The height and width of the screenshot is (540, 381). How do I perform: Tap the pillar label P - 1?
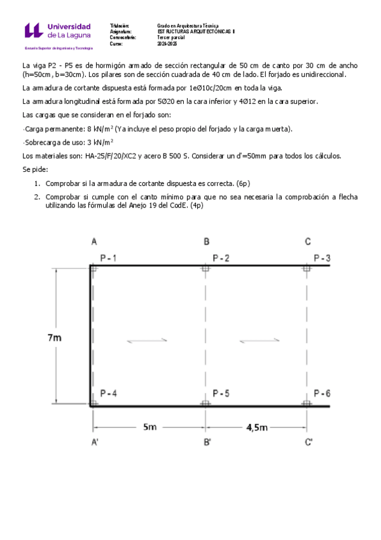[109, 258]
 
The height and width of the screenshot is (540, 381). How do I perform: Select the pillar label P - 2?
[221, 258]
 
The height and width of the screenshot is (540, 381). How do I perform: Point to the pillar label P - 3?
[322, 258]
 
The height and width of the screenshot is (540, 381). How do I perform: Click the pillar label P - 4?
[109, 393]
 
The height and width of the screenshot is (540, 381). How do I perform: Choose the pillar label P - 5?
[221, 393]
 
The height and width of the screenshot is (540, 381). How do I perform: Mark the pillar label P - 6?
[322, 393]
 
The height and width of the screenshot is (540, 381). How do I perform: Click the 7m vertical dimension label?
[55, 338]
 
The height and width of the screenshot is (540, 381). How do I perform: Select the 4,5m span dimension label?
[256, 427]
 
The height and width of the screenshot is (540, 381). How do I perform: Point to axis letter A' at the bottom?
[94, 443]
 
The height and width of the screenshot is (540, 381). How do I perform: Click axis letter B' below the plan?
[207, 443]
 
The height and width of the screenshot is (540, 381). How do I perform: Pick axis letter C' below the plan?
[308, 443]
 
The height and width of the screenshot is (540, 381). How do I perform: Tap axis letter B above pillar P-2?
[207, 241]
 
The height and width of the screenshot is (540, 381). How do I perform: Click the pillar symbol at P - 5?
[205, 404]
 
